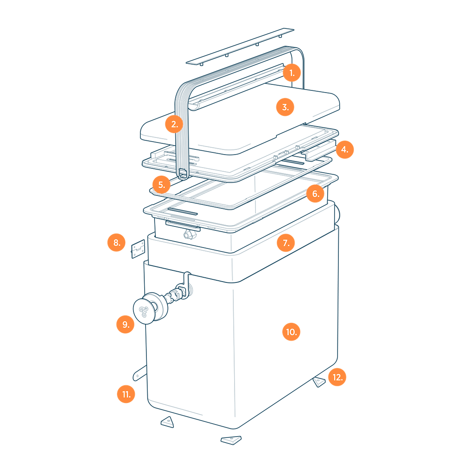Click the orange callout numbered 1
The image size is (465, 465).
(x=292, y=73)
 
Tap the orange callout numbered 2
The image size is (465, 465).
(x=174, y=124)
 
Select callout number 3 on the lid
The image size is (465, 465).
(x=285, y=107)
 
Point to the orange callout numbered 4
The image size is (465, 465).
(x=344, y=149)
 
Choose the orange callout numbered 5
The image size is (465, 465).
(x=161, y=185)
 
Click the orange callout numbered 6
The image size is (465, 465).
(x=315, y=194)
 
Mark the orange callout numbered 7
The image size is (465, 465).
(x=285, y=243)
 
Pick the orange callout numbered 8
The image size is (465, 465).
(x=117, y=242)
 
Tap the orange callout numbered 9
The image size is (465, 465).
(x=125, y=324)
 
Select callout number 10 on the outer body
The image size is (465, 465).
(x=291, y=332)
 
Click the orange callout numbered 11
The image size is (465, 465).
(x=126, y=394)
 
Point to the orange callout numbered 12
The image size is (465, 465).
(x=337, y=377)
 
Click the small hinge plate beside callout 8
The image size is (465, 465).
(x=138, y=249)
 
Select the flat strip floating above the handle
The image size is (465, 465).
(x=240, y=47)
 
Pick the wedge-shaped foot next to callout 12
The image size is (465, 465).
(x=319, y=382)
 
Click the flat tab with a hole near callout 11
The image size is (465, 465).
(x=139, y=373)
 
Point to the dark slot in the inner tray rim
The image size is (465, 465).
(x=183, y=211)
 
